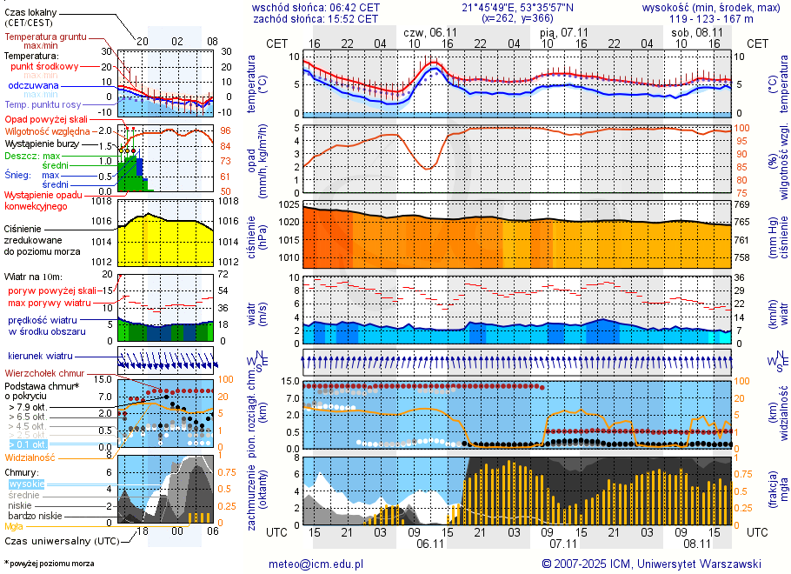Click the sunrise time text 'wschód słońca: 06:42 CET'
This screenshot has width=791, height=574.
pos(316,6)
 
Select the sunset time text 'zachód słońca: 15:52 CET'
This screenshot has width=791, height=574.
pos(316,17)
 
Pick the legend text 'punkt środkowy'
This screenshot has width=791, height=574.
pos(45,66)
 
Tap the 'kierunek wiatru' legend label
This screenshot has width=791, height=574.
pos(41,357)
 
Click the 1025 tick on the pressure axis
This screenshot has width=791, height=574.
pos(289,204)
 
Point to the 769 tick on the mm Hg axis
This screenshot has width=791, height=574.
pos(741,204)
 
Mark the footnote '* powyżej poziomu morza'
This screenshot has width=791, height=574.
pos(49,564)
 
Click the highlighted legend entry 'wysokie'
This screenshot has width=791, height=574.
pos(26,484)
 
